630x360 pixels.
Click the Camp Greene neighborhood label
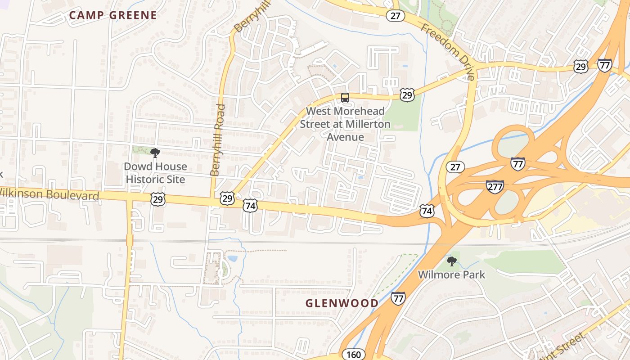coord(113,15)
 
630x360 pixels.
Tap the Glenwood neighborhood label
coord(342,303)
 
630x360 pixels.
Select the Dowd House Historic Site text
coord(155,173)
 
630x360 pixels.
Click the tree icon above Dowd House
coord(155,153)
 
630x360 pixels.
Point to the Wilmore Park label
coord(451,274)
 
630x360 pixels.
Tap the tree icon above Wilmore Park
coord(452,261)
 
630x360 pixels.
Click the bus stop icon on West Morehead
coord(345,97)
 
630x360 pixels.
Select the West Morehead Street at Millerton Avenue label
coord(345,124)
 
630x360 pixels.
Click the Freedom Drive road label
coord(448,52)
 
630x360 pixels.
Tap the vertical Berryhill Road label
coord(218,139)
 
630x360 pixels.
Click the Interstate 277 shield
coord(495,186)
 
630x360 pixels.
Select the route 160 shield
coord(354,354)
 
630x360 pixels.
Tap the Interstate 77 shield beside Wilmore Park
coord(398,298)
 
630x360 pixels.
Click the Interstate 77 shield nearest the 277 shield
coord(518,164)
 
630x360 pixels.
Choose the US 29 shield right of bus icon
coord(407,95)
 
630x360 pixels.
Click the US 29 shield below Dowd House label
coord(158,199)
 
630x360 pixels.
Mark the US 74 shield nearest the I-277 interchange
coord(427,210)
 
